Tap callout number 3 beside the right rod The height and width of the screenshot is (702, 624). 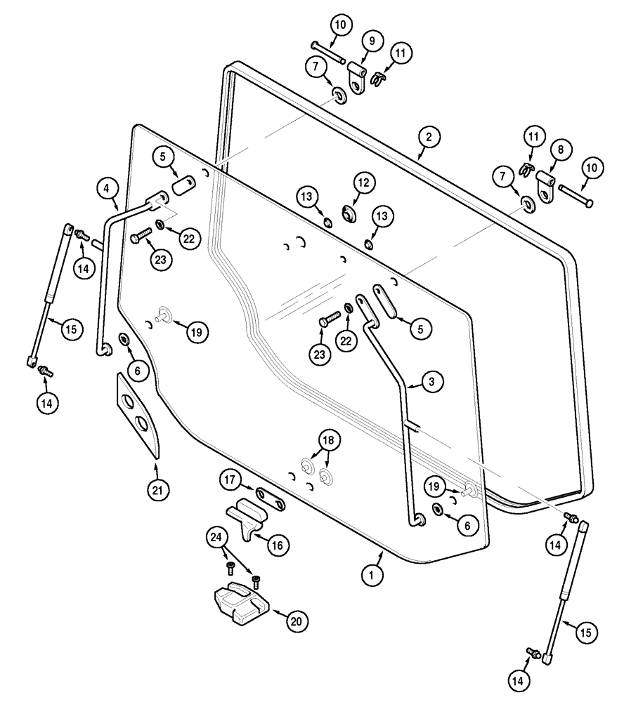tap(432, 383)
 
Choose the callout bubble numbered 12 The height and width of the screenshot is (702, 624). tap(363, 183)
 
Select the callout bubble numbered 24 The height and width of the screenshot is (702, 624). tap(218, 540)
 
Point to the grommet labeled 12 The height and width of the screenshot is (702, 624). tap(348, 214)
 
